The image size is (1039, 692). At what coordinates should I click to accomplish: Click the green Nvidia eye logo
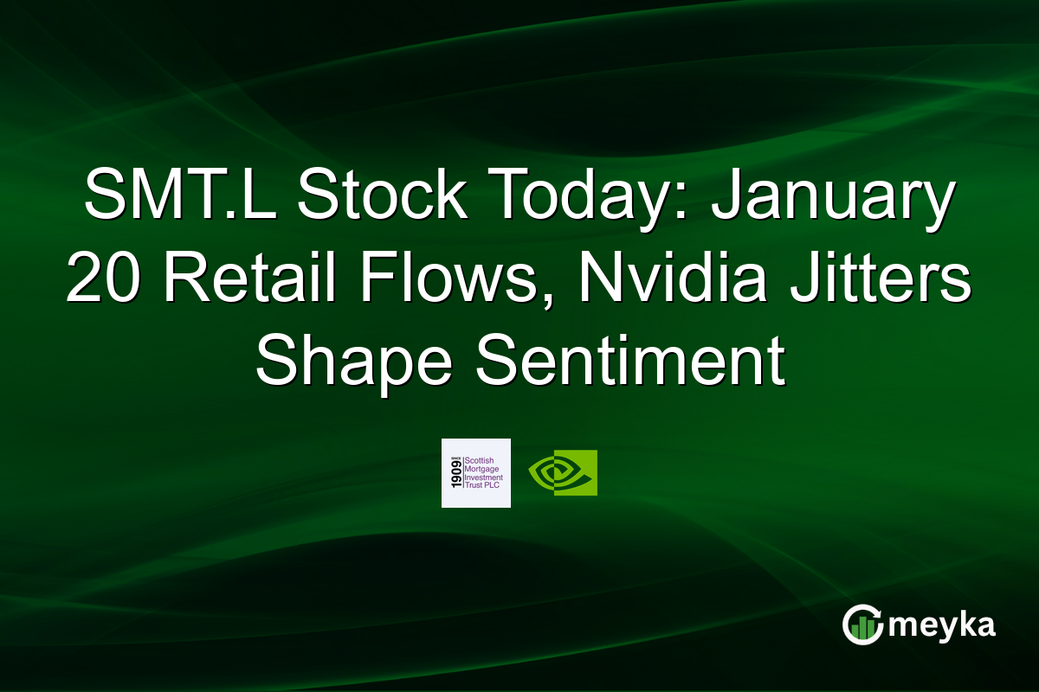pos(563,473)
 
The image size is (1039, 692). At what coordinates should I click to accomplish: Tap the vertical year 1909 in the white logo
pos(454,473)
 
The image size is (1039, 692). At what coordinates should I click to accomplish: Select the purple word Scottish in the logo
pos(481,460)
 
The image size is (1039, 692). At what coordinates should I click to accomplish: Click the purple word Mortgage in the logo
pos(483,469)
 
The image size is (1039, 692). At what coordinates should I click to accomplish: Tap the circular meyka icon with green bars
pos(862,625)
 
